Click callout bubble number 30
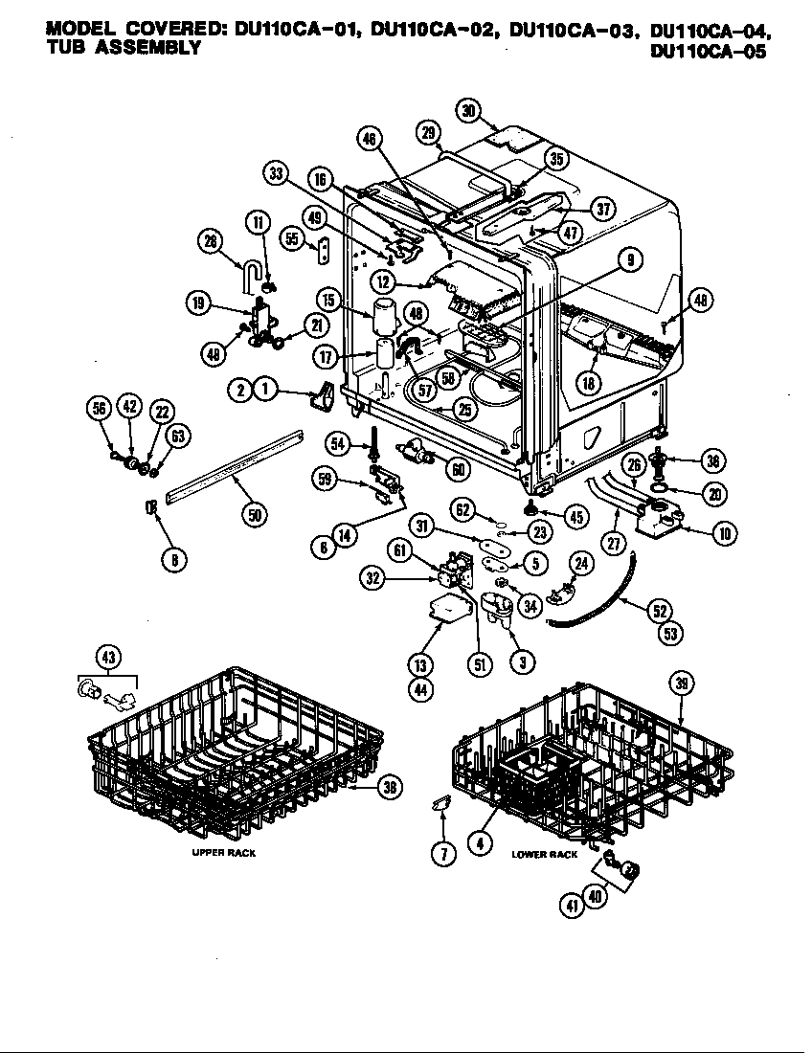468,110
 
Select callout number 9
630,258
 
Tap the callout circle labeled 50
254,514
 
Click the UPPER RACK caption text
222,852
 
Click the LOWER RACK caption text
544,854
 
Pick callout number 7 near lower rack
441,855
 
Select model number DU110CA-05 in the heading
708,53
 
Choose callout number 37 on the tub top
602,210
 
